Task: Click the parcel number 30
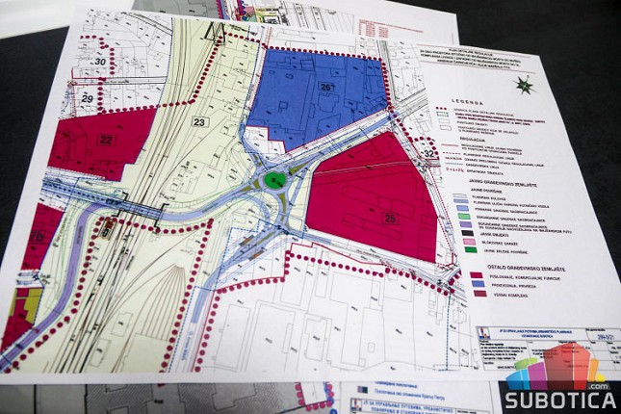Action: point(99,62)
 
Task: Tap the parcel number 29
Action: point(87,98)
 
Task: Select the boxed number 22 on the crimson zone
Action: point(106,141)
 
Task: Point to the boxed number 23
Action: point(199,122)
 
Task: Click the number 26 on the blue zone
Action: point(326,88)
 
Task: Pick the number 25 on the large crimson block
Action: point(389,217)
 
